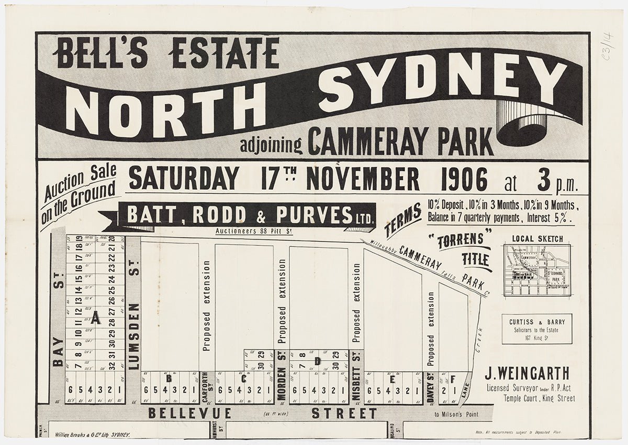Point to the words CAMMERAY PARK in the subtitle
(x=400, y=141)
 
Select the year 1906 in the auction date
(x=464, y=179)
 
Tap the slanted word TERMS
(x=403, y=221)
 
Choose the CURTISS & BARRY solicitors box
(x=537, y=329)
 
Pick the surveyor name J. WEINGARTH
(x=526, y=374)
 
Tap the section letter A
(x=95, y=318)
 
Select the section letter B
(x=169, y=377)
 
